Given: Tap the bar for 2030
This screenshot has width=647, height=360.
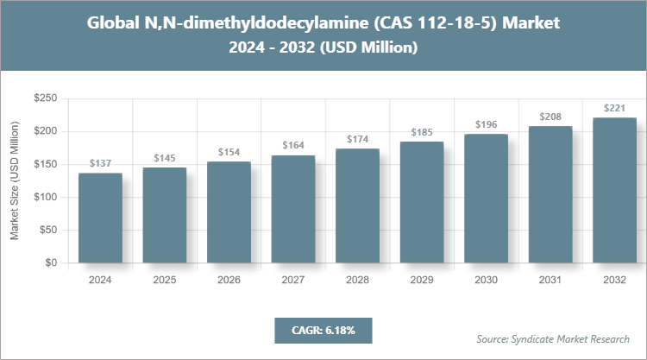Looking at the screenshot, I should [x=486, y=199].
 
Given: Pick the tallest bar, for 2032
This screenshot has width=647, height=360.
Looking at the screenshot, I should [x=614, y=190].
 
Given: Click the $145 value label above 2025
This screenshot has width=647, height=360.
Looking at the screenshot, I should [x=164, y=158].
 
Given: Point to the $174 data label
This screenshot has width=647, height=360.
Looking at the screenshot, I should [x=357, y=139].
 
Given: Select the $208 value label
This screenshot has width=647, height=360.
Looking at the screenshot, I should [x=550, y=117].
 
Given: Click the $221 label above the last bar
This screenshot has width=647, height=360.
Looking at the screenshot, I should [x=614, y=108].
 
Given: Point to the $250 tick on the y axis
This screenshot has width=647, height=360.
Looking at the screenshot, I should [x=44, y=99].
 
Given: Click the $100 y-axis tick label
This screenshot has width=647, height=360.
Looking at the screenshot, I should [x=44, y=198].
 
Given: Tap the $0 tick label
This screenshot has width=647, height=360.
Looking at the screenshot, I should [x=50, y=263].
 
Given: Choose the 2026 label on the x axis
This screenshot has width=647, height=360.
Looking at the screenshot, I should [x=229, y=279].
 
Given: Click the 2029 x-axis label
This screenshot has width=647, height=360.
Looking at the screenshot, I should [x=422, y=279].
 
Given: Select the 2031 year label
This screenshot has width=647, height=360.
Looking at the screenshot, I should [x=550, y=279].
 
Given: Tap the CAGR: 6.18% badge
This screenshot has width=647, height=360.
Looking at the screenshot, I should [x=323, y=331].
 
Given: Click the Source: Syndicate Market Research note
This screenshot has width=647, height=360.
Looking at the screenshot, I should [x=553, y=338].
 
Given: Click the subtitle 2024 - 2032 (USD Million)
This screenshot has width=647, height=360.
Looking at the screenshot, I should [x=323, y=48].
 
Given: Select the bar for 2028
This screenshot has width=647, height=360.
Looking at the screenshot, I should [x=357, y=205].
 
